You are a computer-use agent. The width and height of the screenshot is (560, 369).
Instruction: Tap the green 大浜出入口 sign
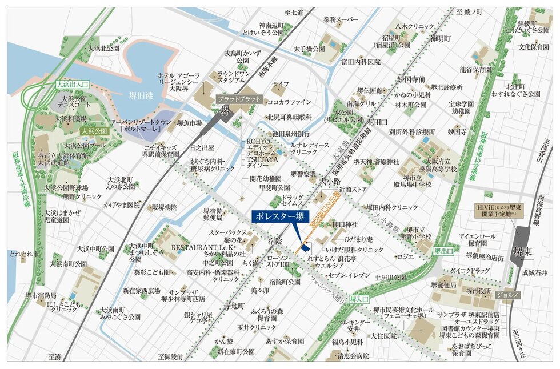coord(73,84)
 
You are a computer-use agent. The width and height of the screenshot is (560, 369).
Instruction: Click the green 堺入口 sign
coord(359,298)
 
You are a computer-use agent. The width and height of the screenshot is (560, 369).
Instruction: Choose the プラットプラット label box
coord(239,99)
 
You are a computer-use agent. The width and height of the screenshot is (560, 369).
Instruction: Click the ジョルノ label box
coord(507,295)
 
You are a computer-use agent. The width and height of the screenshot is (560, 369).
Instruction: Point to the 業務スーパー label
coord(341,20)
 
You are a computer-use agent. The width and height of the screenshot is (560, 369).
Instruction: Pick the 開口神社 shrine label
coord(345,224)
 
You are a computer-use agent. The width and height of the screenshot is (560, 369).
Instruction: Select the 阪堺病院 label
coord(165,207)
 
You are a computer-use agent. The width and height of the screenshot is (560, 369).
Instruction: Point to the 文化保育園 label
coord(534,47)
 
